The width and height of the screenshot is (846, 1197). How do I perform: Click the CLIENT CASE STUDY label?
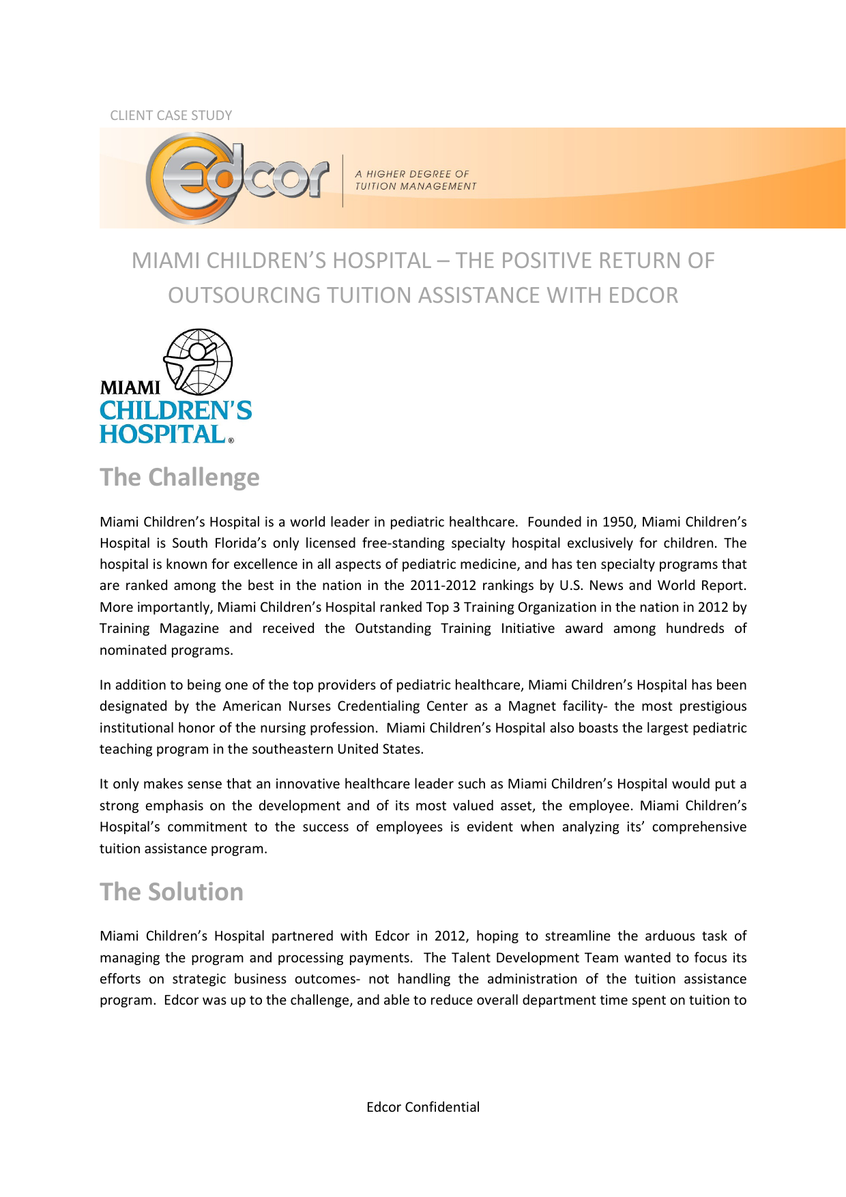[171, 115]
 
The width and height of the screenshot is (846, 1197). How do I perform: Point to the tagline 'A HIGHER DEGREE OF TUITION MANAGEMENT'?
[415, 180]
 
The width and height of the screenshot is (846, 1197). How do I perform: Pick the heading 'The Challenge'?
[179, 477]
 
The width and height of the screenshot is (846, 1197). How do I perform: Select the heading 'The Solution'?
[171, 892]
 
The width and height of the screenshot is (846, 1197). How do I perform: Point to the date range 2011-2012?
[443, 585]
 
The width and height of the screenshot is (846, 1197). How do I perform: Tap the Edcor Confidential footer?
[423, 1107]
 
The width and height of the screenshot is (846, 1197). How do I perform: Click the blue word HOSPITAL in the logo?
[162, 434]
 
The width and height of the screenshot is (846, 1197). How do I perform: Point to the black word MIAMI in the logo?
[130, 387]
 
